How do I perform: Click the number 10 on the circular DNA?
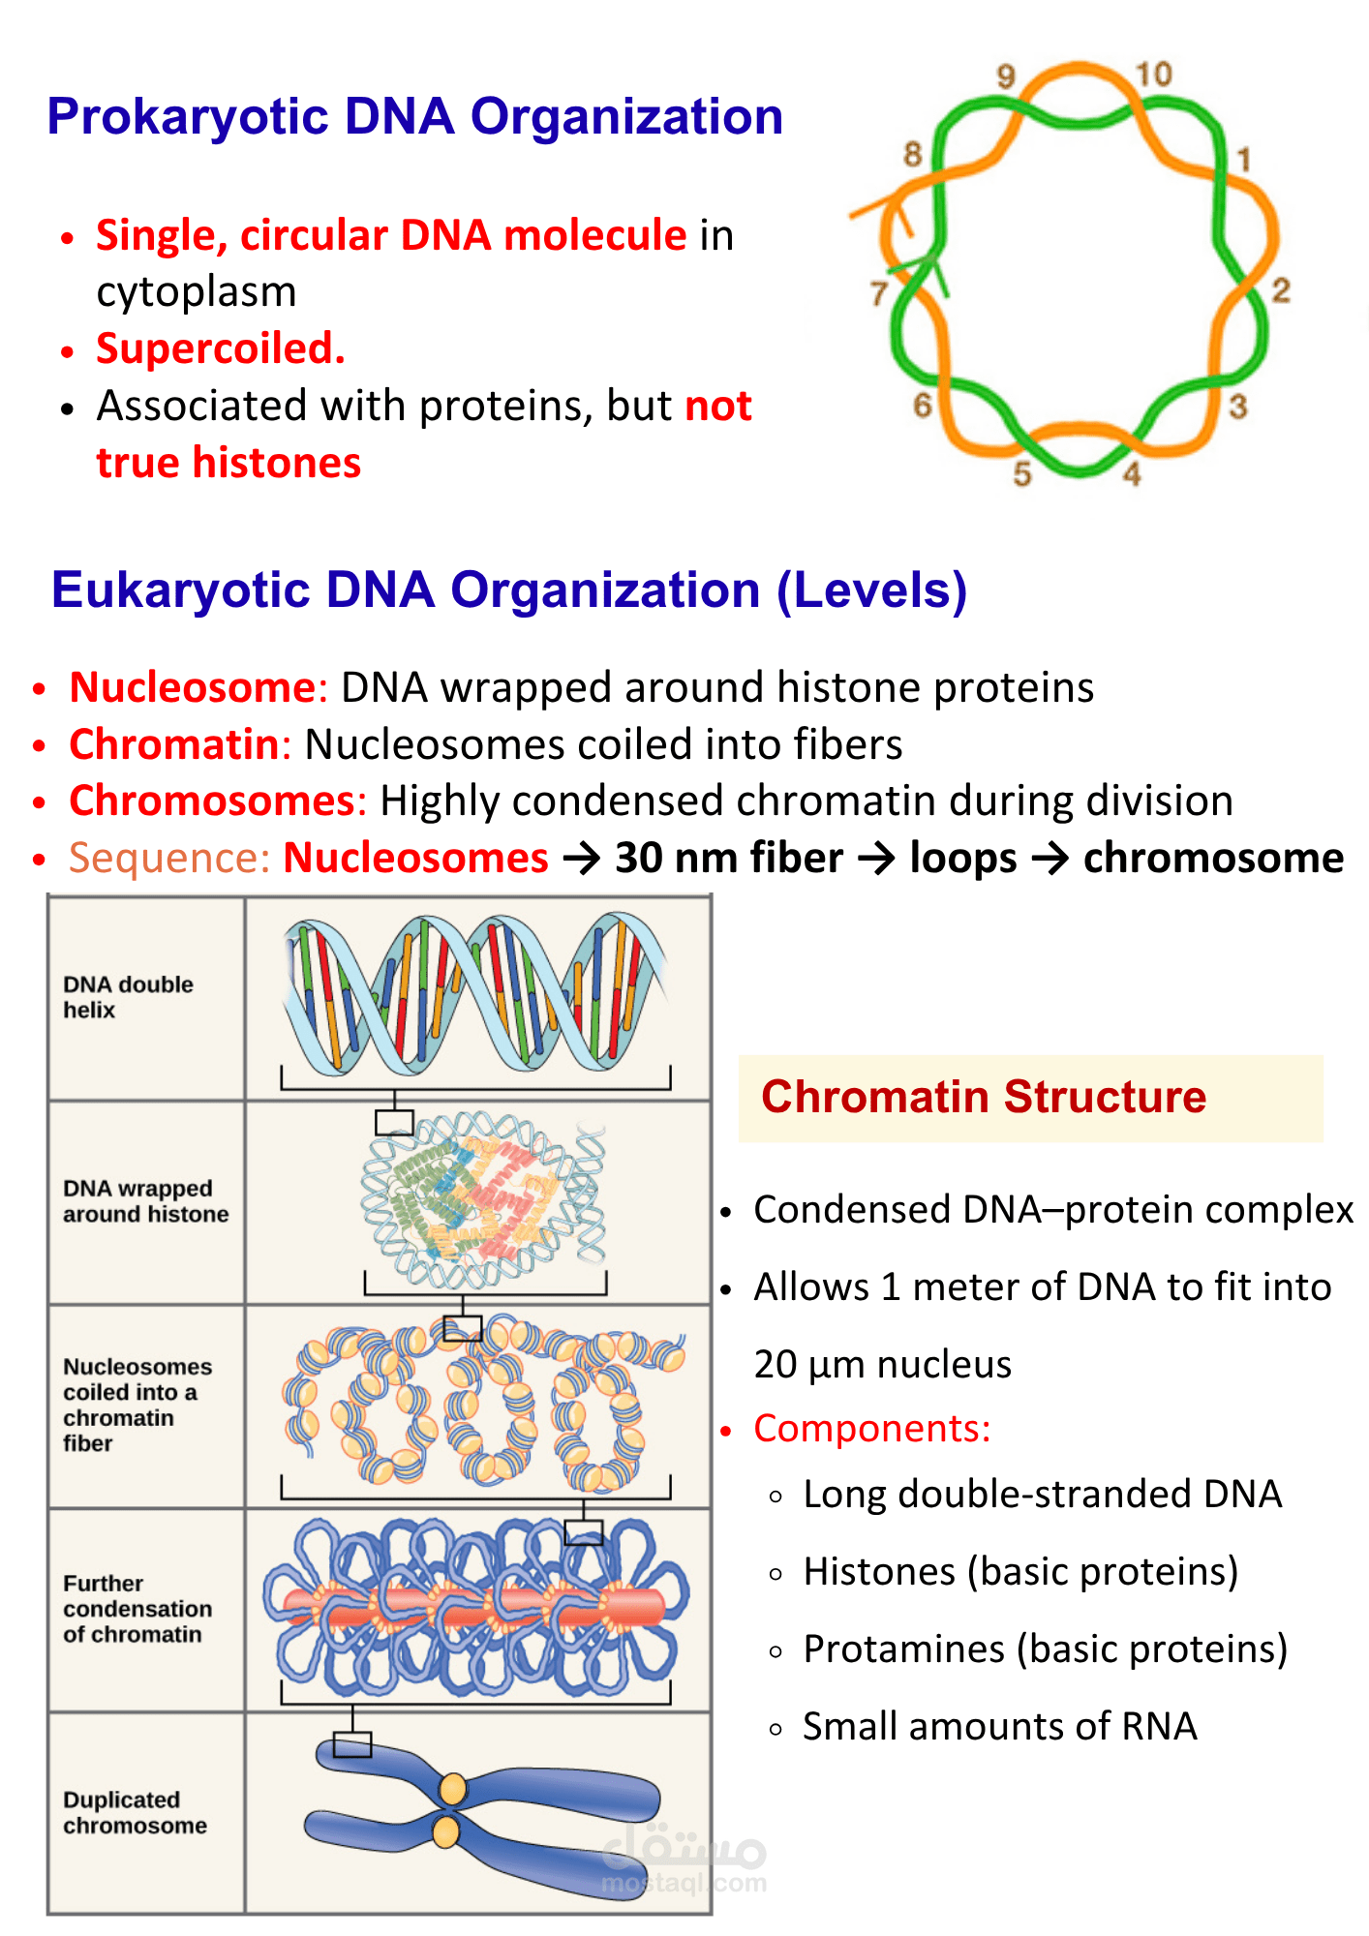coord(1153,75)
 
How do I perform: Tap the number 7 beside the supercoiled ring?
coord(879,292)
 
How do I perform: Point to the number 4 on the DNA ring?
coord(1132,473)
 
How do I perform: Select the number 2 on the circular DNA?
coord(1280,289)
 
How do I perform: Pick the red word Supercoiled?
coord(220,348)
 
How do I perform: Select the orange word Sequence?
coord(167,859)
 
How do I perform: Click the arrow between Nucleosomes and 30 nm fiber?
coord(582,859)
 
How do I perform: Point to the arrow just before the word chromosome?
coord(1050,859)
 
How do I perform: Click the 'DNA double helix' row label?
coord(128,997)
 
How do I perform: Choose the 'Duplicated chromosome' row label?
coord(135,1812)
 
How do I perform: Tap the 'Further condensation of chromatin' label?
coord(137,1608)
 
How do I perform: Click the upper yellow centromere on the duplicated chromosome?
coord(452,1789)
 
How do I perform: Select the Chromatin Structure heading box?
coord(1030,1098)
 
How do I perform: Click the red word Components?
coord(871,1429)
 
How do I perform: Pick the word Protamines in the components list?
coord(903,1649)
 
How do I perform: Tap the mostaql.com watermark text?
coord(684,1883)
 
